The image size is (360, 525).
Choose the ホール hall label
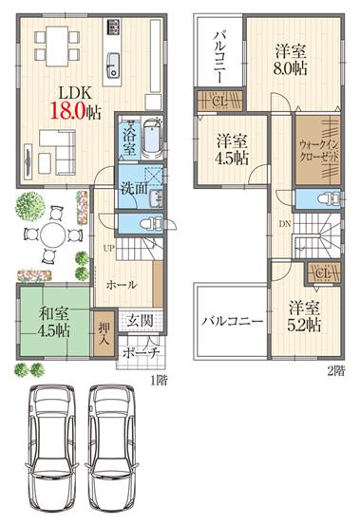121,284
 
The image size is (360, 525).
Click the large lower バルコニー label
231,322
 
